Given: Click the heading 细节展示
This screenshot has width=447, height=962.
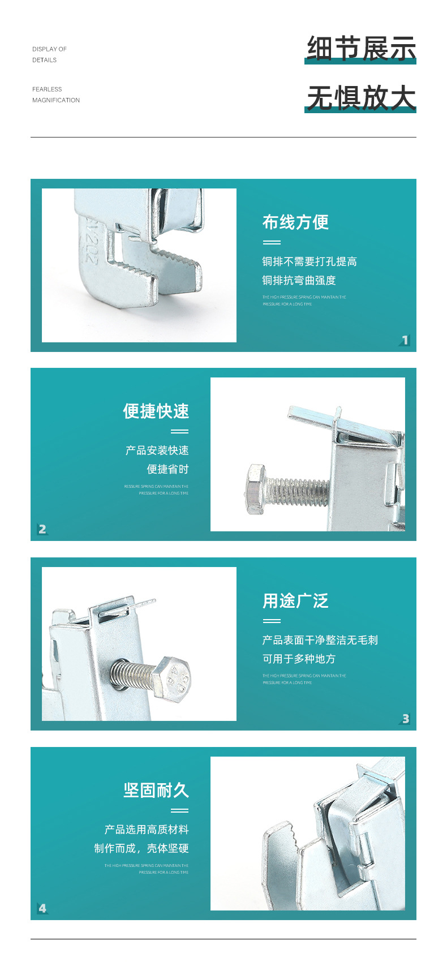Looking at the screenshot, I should tap(361, 48).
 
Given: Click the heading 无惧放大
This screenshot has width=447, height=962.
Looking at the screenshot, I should tap(361, 97).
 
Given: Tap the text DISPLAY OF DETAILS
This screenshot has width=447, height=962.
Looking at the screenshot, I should tap(49, 54).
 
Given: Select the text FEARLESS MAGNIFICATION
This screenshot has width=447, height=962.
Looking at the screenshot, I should tap(55, 95).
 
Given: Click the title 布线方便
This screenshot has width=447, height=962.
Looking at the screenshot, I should tap(295, 222).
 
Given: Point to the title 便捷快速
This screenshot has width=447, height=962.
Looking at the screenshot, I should tap(156, 411).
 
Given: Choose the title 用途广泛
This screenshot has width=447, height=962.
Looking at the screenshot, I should tap(295, 601).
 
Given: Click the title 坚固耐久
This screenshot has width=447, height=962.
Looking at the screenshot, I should tap(156, 791).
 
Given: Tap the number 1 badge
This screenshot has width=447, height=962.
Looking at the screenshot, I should tap(405, 340).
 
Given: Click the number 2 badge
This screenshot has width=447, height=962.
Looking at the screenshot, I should tap(42, 529).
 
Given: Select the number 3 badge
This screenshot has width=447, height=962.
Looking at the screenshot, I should tap(405, 719).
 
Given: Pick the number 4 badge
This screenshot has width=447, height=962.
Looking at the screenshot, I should tap(42, 908).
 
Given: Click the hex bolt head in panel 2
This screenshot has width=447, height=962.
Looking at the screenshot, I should tap(256, 489).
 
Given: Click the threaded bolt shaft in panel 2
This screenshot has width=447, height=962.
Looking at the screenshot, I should tap(297, 490).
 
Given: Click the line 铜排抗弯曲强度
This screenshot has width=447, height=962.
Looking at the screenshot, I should tap(299, 281).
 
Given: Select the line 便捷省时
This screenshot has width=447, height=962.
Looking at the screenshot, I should tap(167, 469).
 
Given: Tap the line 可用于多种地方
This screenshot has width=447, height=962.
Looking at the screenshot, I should tap(299, 659).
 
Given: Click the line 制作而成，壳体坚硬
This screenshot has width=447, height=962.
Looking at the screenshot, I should tap(141, 848).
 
